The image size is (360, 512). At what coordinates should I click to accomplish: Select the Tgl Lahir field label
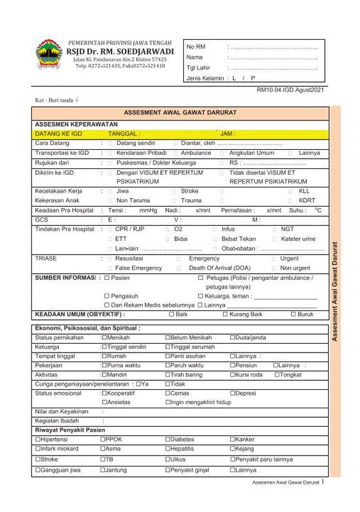tap(198, 68)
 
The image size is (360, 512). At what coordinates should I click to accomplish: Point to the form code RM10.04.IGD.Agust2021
tap(290, 90)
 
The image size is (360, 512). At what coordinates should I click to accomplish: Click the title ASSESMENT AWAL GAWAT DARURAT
tap(179, 113)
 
